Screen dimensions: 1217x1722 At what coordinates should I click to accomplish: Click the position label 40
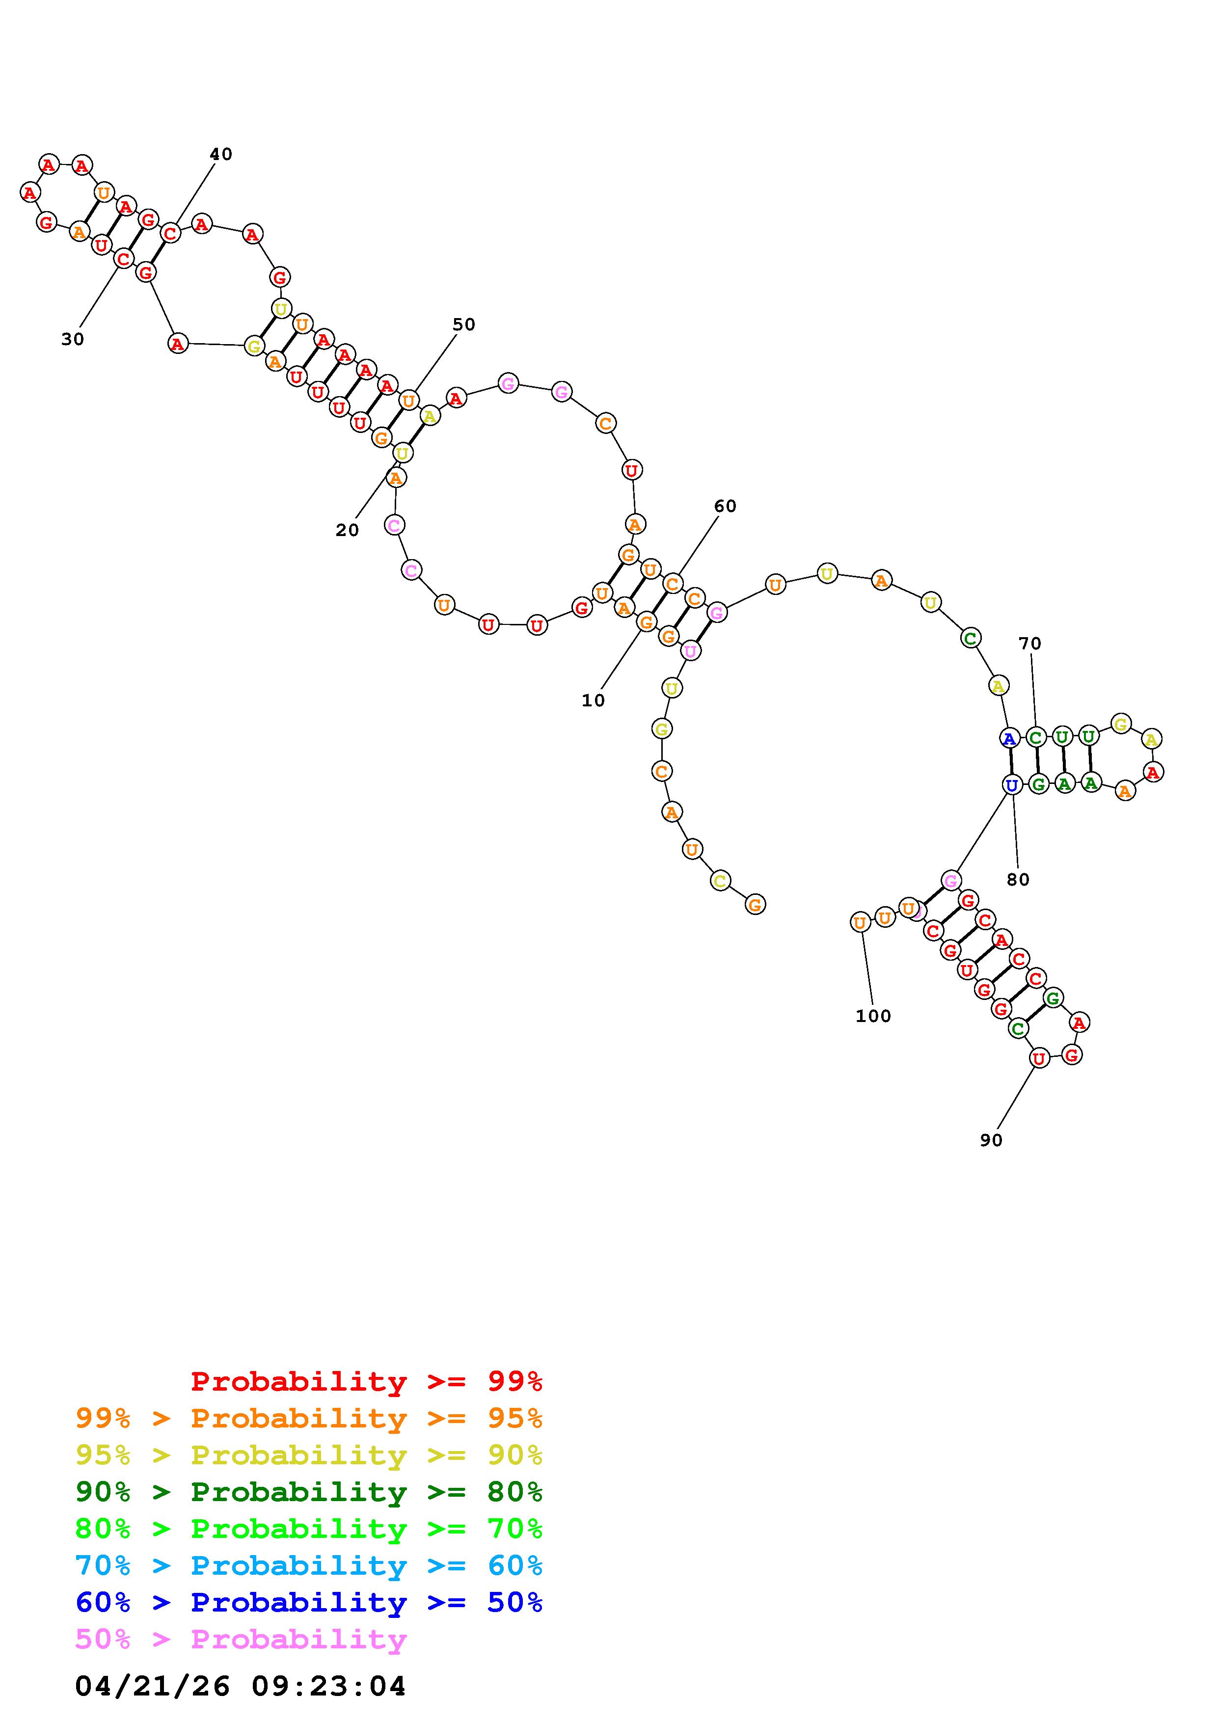220,155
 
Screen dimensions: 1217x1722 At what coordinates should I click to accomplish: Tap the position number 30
73,340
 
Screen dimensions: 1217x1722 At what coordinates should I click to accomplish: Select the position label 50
464,325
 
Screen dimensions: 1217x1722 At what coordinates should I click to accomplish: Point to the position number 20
347,530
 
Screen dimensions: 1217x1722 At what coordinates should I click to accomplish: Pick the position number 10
593,700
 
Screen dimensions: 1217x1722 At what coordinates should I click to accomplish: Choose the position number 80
1018,880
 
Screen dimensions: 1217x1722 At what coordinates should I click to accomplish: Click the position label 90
991,1140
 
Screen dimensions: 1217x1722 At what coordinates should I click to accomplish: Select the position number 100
873,1016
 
